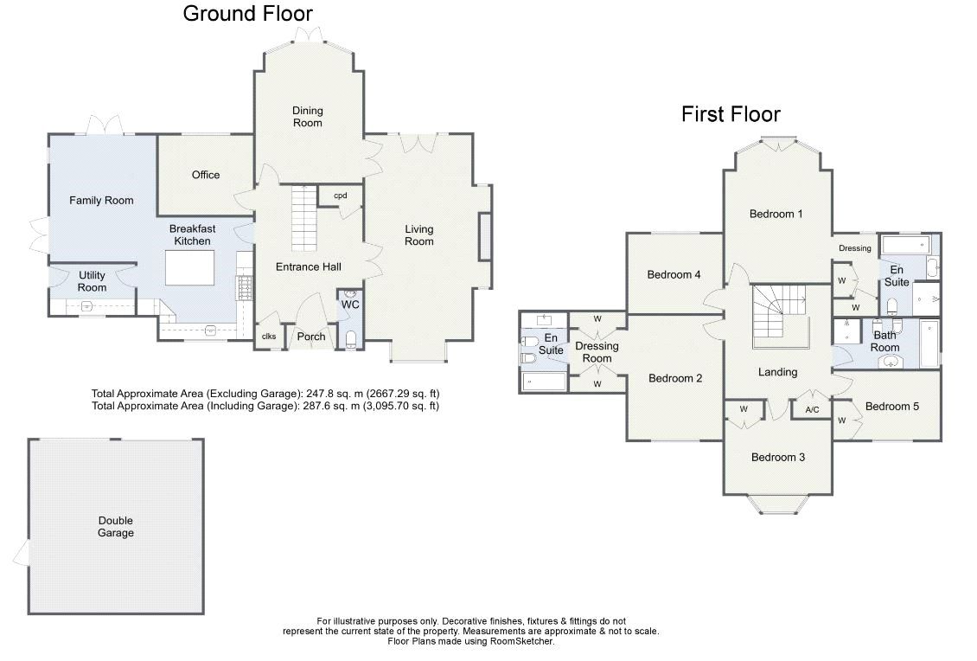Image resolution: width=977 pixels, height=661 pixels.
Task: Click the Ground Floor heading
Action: coord(247,13)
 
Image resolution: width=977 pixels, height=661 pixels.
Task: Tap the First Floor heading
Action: coord(731,114)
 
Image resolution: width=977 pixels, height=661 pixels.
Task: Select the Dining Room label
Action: coord(307,116)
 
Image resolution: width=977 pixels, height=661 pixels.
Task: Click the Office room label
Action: coord(206,175)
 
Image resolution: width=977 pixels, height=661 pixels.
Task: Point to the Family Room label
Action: coord(101,201)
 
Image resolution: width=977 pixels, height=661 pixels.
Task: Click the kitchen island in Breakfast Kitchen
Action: coord(189,268)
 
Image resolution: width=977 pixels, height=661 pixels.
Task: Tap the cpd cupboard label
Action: coord(341,196)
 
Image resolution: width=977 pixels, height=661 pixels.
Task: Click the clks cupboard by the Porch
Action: coord(269,337)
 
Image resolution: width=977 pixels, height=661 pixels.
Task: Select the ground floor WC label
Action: coord(350,305)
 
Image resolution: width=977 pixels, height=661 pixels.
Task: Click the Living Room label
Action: coord(419,235)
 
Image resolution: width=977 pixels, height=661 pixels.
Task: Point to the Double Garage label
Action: coord(115,527)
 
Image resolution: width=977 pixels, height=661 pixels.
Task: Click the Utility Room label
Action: coord(92,281)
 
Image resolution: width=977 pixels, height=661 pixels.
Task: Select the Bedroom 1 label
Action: coord(776,214)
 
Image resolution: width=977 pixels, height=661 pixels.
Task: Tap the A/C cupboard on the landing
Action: coord(812,410)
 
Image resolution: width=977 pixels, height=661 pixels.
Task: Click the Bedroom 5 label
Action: coord(891,407)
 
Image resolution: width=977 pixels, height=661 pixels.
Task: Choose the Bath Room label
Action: coord(885,341)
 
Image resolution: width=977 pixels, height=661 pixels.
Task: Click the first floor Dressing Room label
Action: coord(597,352)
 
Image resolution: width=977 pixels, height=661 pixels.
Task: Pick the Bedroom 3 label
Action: coord(777,457)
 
